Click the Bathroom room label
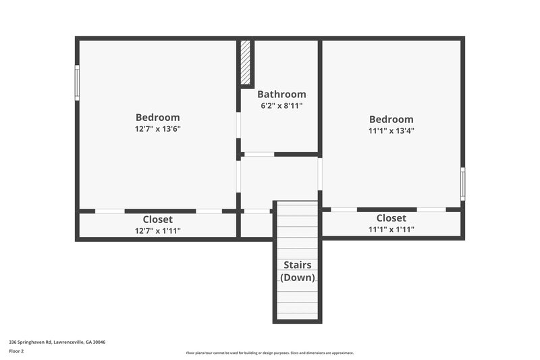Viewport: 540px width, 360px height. point(281,95)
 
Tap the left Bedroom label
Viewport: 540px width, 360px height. point(157,117)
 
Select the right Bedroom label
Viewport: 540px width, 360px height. point(391,119)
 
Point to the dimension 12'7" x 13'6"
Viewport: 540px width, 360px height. point(157,128)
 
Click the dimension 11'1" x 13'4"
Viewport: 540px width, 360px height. point(391,130)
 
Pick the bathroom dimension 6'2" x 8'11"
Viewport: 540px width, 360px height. point(281,106)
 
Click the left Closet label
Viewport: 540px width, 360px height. point(157,220)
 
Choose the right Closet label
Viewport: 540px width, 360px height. point(391,218)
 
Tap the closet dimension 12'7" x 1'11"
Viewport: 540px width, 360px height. point(157,230)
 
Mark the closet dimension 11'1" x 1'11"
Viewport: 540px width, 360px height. point(391,230)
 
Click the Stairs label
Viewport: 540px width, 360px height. point(297,265)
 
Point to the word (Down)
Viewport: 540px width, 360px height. point(297,278)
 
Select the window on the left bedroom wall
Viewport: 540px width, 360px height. point(77,82)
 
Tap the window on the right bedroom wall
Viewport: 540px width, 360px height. point(462,183)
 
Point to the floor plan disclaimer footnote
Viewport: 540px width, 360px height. point(269,353)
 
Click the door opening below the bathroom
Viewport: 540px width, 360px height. point(259,155)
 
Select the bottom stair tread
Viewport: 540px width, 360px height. point(297,314)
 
